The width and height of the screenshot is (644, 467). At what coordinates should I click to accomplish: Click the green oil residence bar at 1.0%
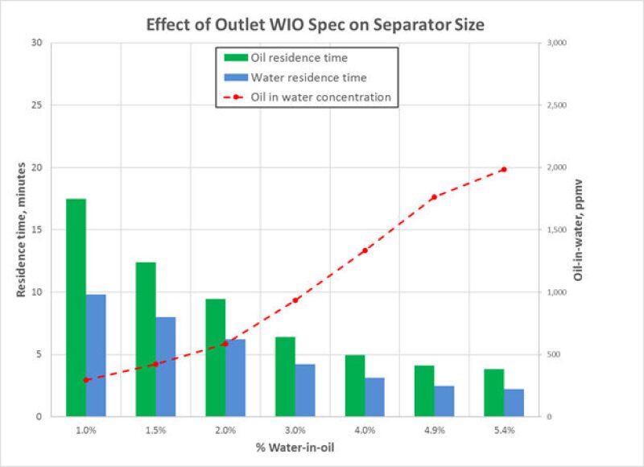[76, 308]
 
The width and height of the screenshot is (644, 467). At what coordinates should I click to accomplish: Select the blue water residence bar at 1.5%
[166, 366]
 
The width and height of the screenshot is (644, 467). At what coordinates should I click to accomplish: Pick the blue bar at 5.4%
[514, 403]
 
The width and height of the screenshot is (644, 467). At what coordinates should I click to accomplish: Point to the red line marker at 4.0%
[365, 250]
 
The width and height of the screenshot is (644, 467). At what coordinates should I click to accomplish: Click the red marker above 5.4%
[503, 169]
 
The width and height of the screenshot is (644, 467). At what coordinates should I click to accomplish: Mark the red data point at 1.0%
[86, 380]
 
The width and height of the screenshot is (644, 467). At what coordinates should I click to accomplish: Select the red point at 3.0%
[295, 300]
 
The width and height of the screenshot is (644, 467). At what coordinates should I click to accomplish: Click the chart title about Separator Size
[316, 23]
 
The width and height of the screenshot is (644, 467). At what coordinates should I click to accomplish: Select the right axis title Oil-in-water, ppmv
[577, 229]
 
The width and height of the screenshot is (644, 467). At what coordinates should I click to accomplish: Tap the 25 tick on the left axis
[36, 105]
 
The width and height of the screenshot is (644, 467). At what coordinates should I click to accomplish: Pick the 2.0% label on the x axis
[225, 431]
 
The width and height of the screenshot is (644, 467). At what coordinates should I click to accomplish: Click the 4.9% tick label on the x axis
[434, 431]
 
